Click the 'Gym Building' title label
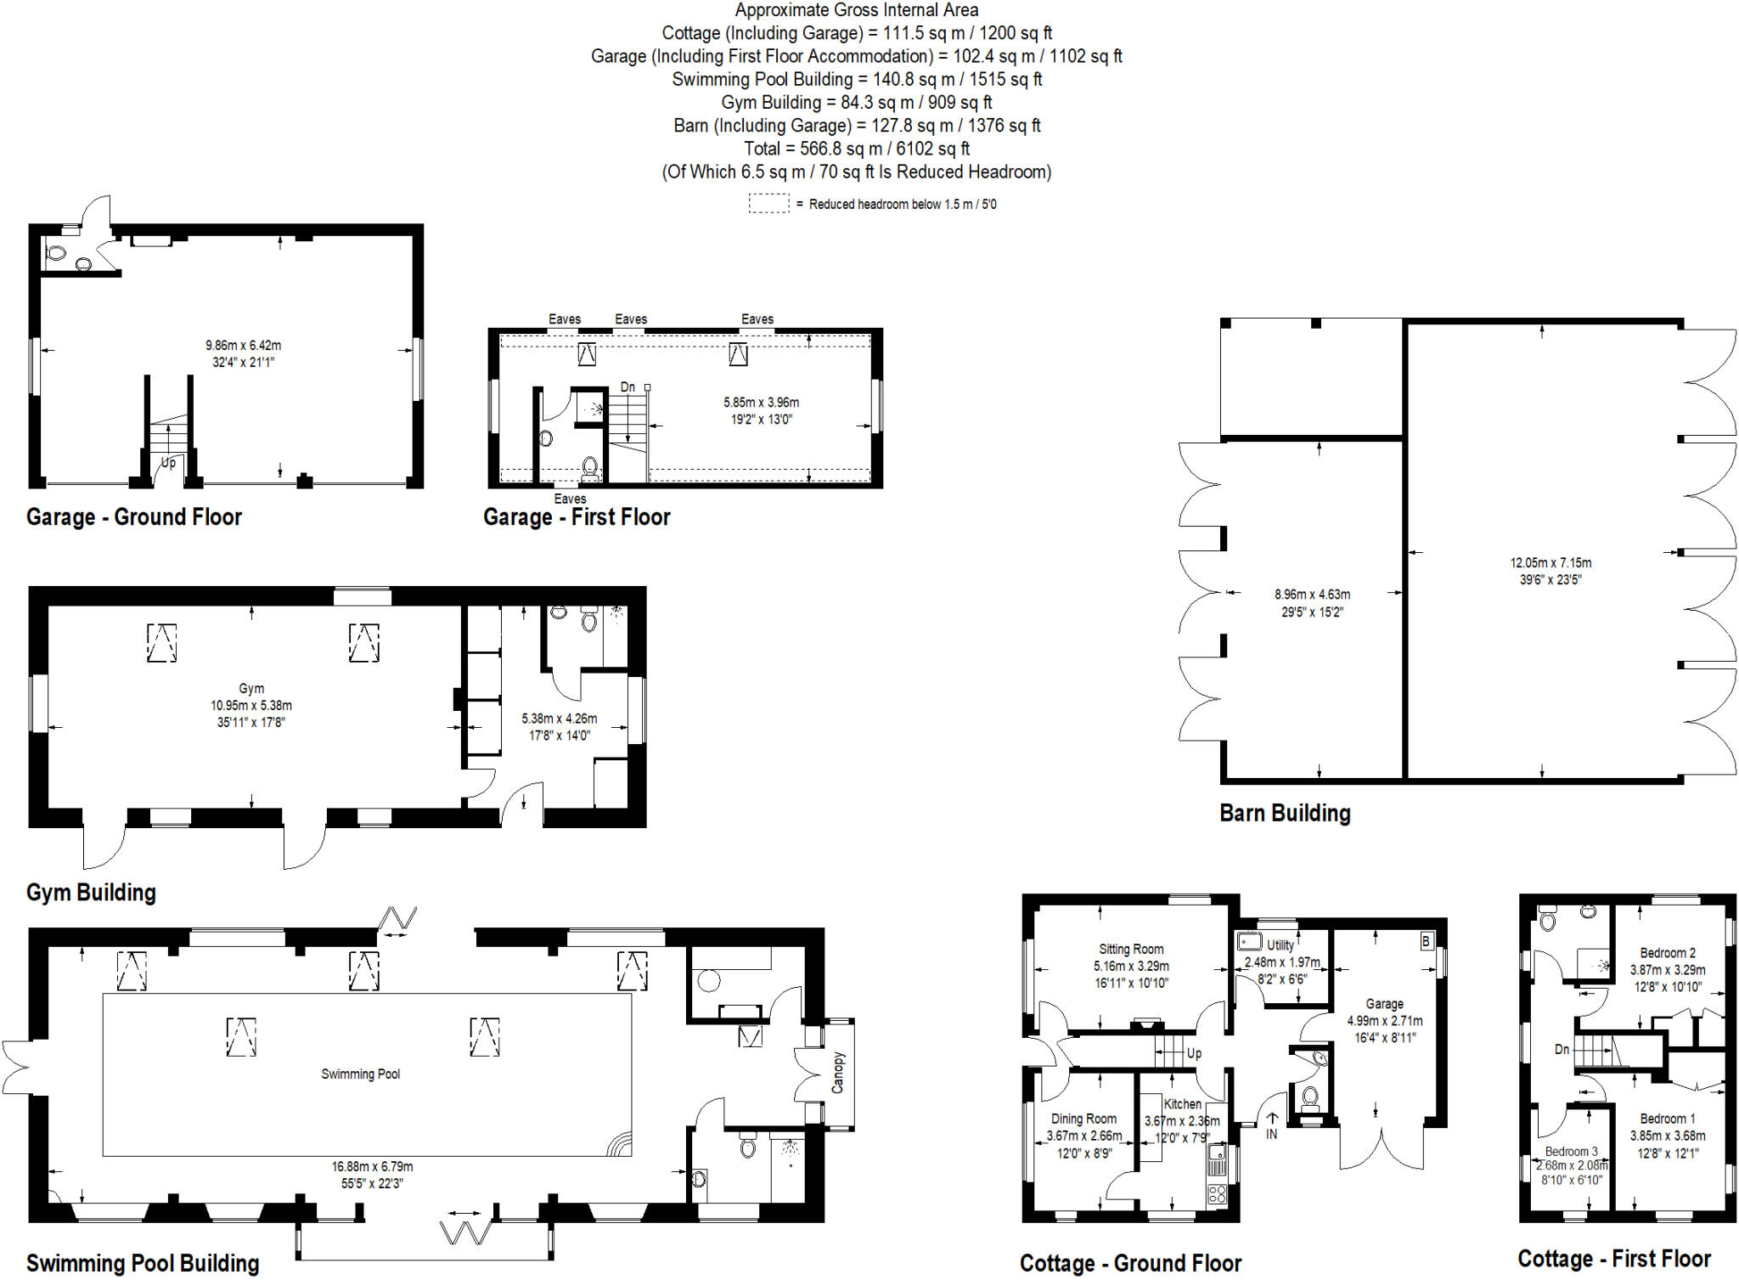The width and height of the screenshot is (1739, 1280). (x=91, y=892)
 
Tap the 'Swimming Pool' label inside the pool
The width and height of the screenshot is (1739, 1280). (x=360, y=1074)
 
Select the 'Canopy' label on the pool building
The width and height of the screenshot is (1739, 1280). (x=838, y=1072)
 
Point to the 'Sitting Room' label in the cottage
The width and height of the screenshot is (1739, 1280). (x=1131, y=949)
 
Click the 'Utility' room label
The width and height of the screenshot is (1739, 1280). (x=1280, y=944)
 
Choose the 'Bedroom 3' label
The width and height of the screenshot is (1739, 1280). (x=1571, y=1152)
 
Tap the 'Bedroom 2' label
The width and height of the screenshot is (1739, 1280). (x=1668, y=953)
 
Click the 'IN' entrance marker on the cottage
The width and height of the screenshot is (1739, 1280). (x=1271, y=1134)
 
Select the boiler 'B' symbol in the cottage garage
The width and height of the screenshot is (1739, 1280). (x=1426, y=941)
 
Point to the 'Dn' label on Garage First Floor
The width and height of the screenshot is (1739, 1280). (x=628, y=387)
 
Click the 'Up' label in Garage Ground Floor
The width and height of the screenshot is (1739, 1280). (x=169, y=463)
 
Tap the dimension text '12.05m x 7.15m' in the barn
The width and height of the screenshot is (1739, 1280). (x=1550, y=562)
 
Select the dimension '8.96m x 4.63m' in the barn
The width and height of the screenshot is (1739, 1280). (x=1312, y=595)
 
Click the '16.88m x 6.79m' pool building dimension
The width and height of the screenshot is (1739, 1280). (x=372, y=1166)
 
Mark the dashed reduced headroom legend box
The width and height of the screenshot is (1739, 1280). (x=768, y=204)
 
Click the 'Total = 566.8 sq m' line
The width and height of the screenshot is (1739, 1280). (x=856, y=149)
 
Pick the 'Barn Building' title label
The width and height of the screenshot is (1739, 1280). (x=1285, y=813)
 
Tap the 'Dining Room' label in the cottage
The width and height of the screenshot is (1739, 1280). (x=1083, y=1119)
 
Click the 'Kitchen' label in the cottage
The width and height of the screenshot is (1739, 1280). (x=1182, y=1103)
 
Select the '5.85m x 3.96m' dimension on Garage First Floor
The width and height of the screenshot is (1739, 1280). (x=761, y=402)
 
